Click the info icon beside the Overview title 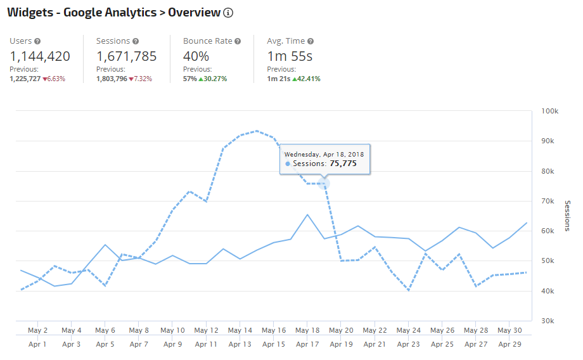pos(229,13)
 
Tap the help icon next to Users pos(38,41)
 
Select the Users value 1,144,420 pos(40,56)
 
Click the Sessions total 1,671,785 pos(126,56)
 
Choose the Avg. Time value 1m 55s pos(290,56)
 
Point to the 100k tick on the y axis pos(549,112)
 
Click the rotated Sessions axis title pos(568,215)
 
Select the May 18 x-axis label pos(307,330)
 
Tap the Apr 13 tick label pos(240,344)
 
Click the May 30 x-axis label pos(509,330)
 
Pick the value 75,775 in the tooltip pos(343,164)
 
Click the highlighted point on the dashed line pos(324,184)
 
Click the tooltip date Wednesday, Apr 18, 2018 pos(324,153)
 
